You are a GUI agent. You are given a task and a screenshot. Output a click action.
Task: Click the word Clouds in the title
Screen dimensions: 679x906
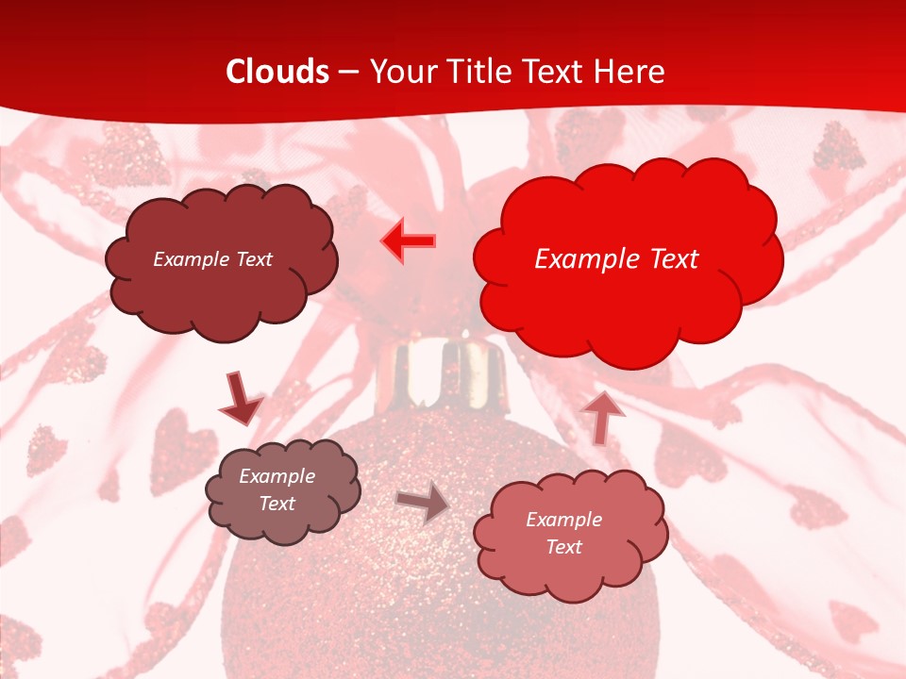pyautogui.click(x=277, y=72)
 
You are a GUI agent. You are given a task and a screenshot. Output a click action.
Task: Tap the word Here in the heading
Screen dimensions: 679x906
pyautogui.click(x=630, y=72)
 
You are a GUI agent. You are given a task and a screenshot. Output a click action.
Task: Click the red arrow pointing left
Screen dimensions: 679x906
pyautogui.click(x=409, y=241)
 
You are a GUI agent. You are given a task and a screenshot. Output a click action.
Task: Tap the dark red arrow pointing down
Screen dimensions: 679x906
pyautogui.click(x=240, y=399)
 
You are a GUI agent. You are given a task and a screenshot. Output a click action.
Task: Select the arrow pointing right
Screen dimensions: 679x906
pyautogui.click(x=423, y=503)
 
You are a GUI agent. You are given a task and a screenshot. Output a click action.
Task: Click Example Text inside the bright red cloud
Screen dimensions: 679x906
pyautogui.click(x=616, y=259)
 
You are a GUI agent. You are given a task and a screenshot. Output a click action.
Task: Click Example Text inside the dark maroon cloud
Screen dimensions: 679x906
pyautogui.click(x=212, y=259)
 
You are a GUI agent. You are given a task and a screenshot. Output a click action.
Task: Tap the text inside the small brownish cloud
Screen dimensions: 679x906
pyautogui.click(x=277, y=490)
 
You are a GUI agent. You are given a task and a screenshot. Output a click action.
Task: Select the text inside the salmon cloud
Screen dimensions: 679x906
pyautogui.click(x=563, y=533)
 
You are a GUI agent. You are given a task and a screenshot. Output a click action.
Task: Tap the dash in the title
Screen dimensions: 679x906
pyautogui.click(x=347, y=72)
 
